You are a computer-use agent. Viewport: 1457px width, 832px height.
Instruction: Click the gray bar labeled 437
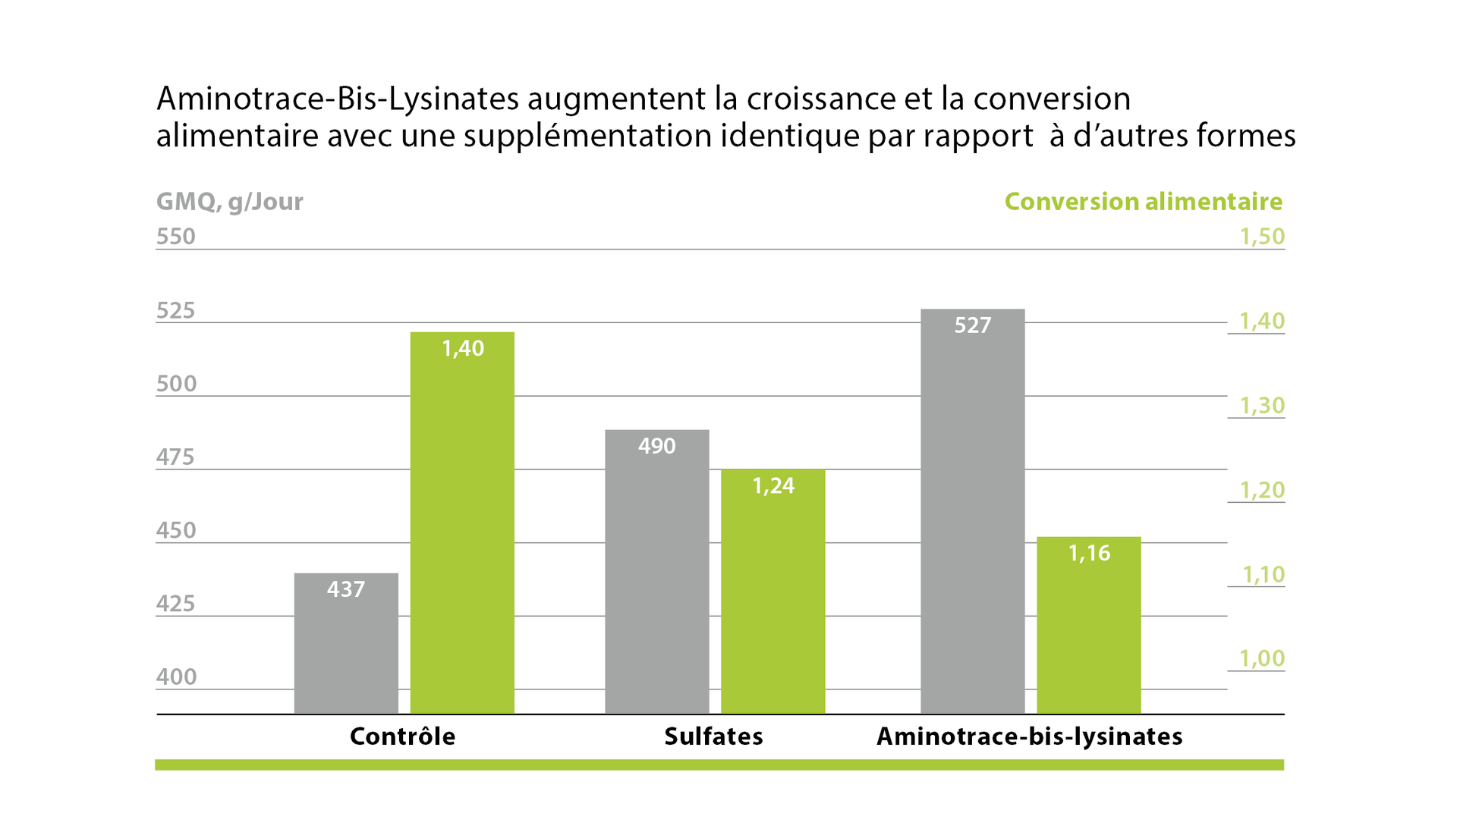tap(346, 643)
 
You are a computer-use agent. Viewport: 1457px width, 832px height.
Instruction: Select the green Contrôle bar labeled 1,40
tap(462, 523)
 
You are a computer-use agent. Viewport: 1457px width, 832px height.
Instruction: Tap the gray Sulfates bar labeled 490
tap(656, 571)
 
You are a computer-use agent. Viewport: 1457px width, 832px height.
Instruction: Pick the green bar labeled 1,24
tap(773, 591)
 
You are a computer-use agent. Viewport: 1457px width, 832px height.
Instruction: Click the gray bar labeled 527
tap(972, 510)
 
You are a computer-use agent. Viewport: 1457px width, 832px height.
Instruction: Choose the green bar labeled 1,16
tap(1088, 625)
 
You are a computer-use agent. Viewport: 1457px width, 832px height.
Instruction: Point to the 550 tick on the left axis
tap(176, 237)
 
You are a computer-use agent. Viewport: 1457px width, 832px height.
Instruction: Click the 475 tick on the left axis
tap(175, 457)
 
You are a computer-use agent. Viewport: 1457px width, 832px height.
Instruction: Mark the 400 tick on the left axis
tap(176, 677)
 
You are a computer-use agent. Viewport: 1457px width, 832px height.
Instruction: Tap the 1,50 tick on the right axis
tap(1262, 237)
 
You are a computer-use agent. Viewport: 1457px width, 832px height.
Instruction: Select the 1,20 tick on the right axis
tap(1262, 490)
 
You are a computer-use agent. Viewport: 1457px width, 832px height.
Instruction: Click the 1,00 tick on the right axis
tap(1262, 658)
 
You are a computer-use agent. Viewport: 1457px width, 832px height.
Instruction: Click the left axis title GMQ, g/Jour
tap(229, 202)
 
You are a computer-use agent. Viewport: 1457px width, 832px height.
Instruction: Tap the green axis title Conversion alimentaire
tap(1143, 202)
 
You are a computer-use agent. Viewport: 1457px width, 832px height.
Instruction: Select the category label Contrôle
tap(402, 736)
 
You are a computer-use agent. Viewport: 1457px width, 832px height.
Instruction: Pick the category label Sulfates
tap(713, 736)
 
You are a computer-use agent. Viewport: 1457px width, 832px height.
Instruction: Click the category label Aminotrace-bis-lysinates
tap(1029, 736)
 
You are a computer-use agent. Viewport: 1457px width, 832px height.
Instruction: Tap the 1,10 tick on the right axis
tap(1263, 574)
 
